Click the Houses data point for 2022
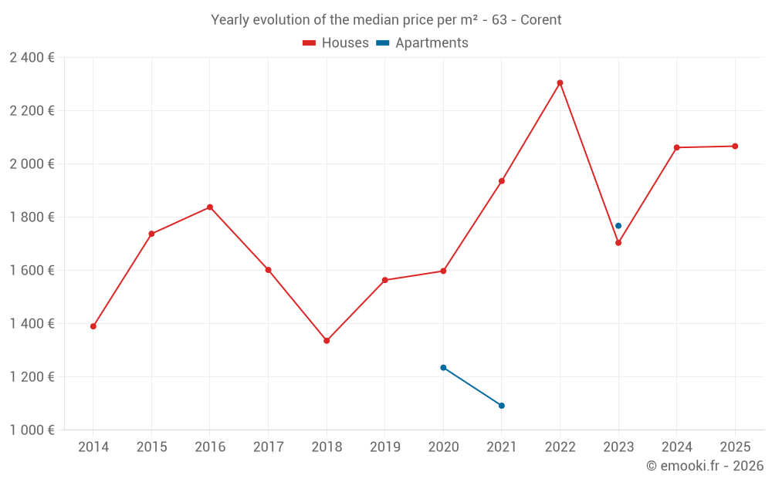tap(560, 83)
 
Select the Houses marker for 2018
tap(327, 340)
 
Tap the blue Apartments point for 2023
tap(618, 226)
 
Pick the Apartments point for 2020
tap(443, 367)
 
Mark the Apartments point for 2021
tap(502, 406)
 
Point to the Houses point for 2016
tap(210, 207)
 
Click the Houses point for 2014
tap(93, 326)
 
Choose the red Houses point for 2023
tap(618, 243)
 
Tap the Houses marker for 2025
tap(735, 146)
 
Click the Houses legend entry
tap(336, 43)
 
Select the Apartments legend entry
tap(423, 43)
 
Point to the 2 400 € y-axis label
tap(32, 57)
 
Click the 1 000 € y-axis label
tap(32, 430)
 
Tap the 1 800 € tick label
tap(32, 217)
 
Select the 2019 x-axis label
tap(385, 447)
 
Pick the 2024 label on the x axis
tap(676, 447)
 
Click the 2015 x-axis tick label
tap(151, 447)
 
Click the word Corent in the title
tap(540, 19)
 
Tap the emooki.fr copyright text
tap(704, 466)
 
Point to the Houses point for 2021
tap(502, 181)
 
